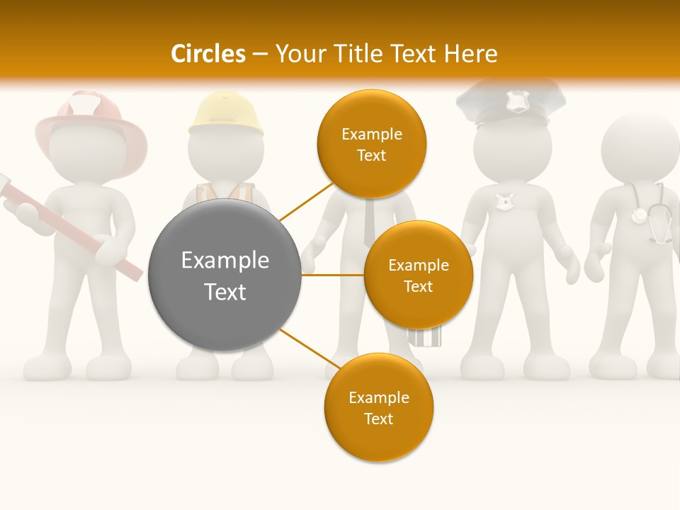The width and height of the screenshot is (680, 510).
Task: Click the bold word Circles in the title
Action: tap(208, 54)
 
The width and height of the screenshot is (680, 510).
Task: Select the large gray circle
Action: tap(225, 275)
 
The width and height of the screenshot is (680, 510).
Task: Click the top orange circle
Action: tap(371, 144)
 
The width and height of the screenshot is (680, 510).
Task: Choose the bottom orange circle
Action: tap(378, 407)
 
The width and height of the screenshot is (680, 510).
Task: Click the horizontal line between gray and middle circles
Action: tap(332, 274)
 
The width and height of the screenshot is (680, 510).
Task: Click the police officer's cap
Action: tap(510, 103)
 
